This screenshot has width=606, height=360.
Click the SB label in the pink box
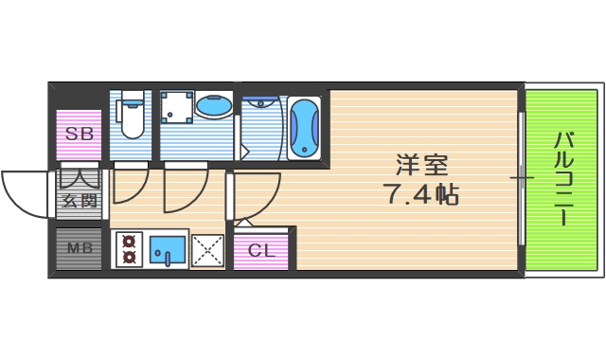tap(79, 135)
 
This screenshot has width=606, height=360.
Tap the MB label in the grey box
tap(79, 249)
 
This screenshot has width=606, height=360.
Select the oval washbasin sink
tap(214, 106)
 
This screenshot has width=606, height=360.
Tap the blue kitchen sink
tap(168, 250)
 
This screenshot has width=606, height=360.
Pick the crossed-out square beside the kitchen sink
tap(206, 250)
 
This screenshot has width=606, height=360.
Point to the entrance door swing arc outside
tap(27, 193)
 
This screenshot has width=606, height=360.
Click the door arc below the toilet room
tap(130, 185)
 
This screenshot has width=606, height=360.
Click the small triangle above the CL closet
tap(242, 223)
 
